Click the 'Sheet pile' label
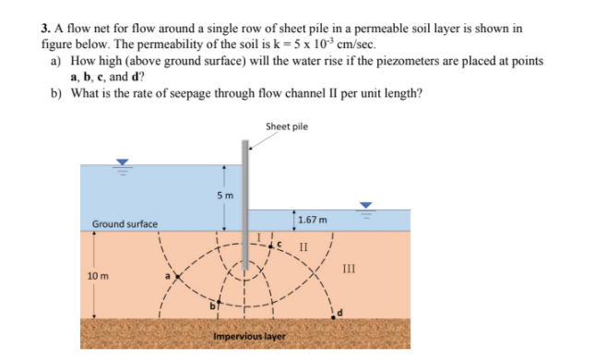286,126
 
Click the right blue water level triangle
366,206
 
